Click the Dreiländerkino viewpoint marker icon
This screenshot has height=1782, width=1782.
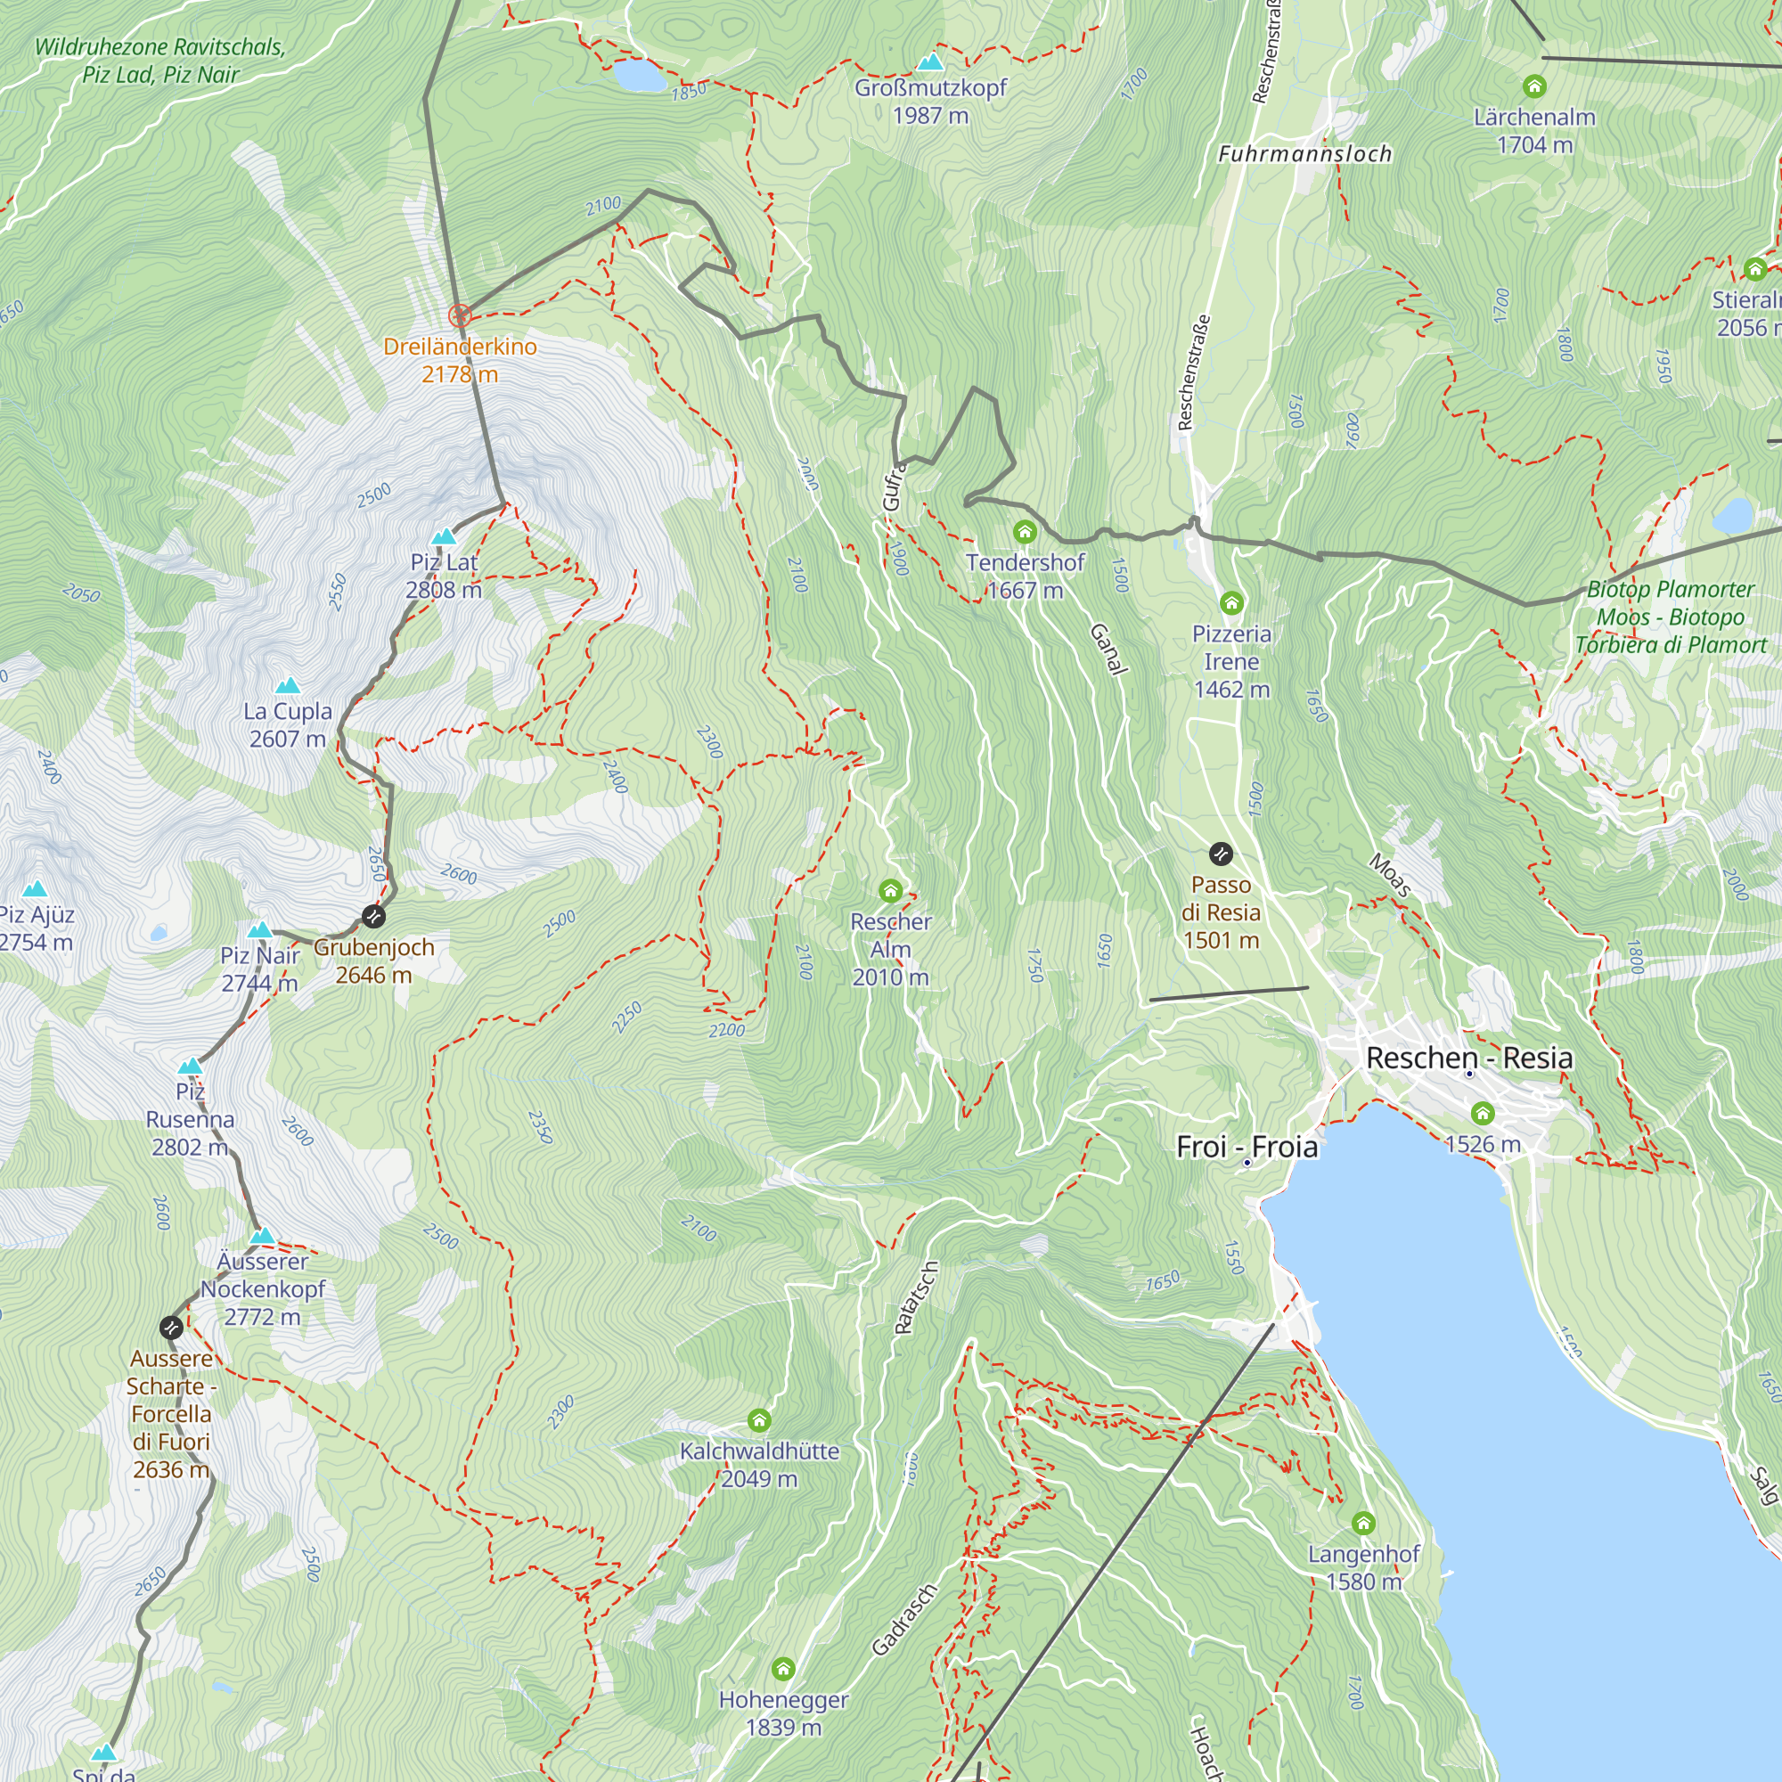[x=460, y=316]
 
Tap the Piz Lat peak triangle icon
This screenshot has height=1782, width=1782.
[x=444, y=535]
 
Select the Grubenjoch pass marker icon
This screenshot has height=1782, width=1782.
[x=372, y=916]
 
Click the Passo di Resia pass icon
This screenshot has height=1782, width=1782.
[x=1221, y=854]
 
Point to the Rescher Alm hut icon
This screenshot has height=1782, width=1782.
[x=890, y=890]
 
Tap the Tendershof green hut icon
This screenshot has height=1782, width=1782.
[x=1024, y=531]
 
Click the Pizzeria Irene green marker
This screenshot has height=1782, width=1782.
[x=1231, y=603]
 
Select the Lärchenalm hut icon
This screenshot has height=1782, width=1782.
[x=1534, y=86]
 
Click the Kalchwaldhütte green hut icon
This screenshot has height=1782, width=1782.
[x=759, y=1419]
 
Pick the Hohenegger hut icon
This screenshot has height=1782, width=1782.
[x=783, y=1669]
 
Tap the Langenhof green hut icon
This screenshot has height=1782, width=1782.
[x=1363, y=1523]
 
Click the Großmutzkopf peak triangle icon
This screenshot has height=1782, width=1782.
[x=931, y=61]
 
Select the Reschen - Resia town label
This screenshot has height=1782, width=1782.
[x=1468, y=1058]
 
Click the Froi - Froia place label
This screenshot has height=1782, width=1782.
[x=1247, y=1147]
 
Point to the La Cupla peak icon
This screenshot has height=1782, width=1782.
[x=288, y=685]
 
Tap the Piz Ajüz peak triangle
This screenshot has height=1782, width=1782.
[x=35, y=888]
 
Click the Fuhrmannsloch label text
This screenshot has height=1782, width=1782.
[x=1304, y=154]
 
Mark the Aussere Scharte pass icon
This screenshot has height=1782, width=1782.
[x=171, y=1328]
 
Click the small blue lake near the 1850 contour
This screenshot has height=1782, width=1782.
[x=638, y=76]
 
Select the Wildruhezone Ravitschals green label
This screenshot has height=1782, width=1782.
[x=159, y=60]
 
